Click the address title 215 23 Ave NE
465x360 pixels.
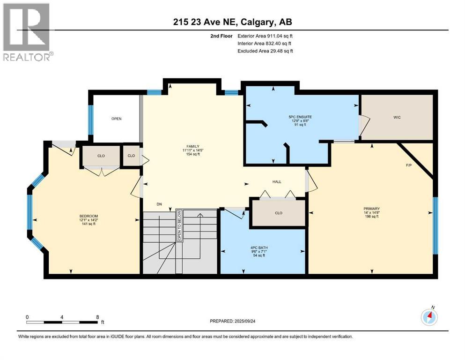point(232,22)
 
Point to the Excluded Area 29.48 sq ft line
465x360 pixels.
point(265,51)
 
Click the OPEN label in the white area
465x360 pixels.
point(116,119)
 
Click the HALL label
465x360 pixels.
point(277,181)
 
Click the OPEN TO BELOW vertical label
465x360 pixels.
point(179,225)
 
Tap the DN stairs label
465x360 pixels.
point(160,204)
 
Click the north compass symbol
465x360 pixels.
point(429,317)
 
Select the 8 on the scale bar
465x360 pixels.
point(97,317)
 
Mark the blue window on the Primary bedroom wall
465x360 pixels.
point(435,225)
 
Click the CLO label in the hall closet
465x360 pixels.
point(279,212)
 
